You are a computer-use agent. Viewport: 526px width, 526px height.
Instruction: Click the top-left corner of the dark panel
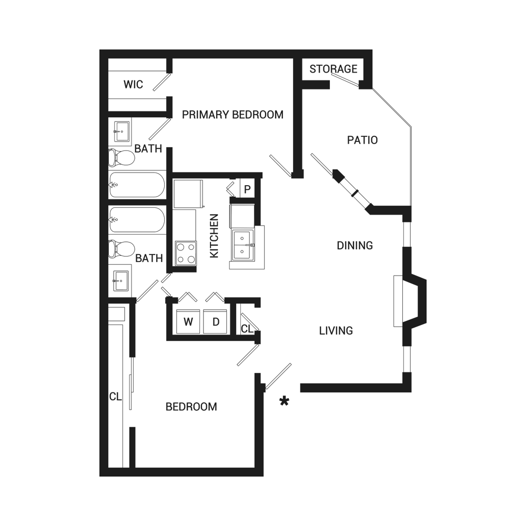[100, 50]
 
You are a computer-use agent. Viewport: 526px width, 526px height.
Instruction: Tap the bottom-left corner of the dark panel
[100, 476]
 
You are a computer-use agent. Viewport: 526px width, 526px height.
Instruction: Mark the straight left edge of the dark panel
[100, 263]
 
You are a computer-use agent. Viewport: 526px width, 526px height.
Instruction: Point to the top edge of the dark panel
[263, 50]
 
